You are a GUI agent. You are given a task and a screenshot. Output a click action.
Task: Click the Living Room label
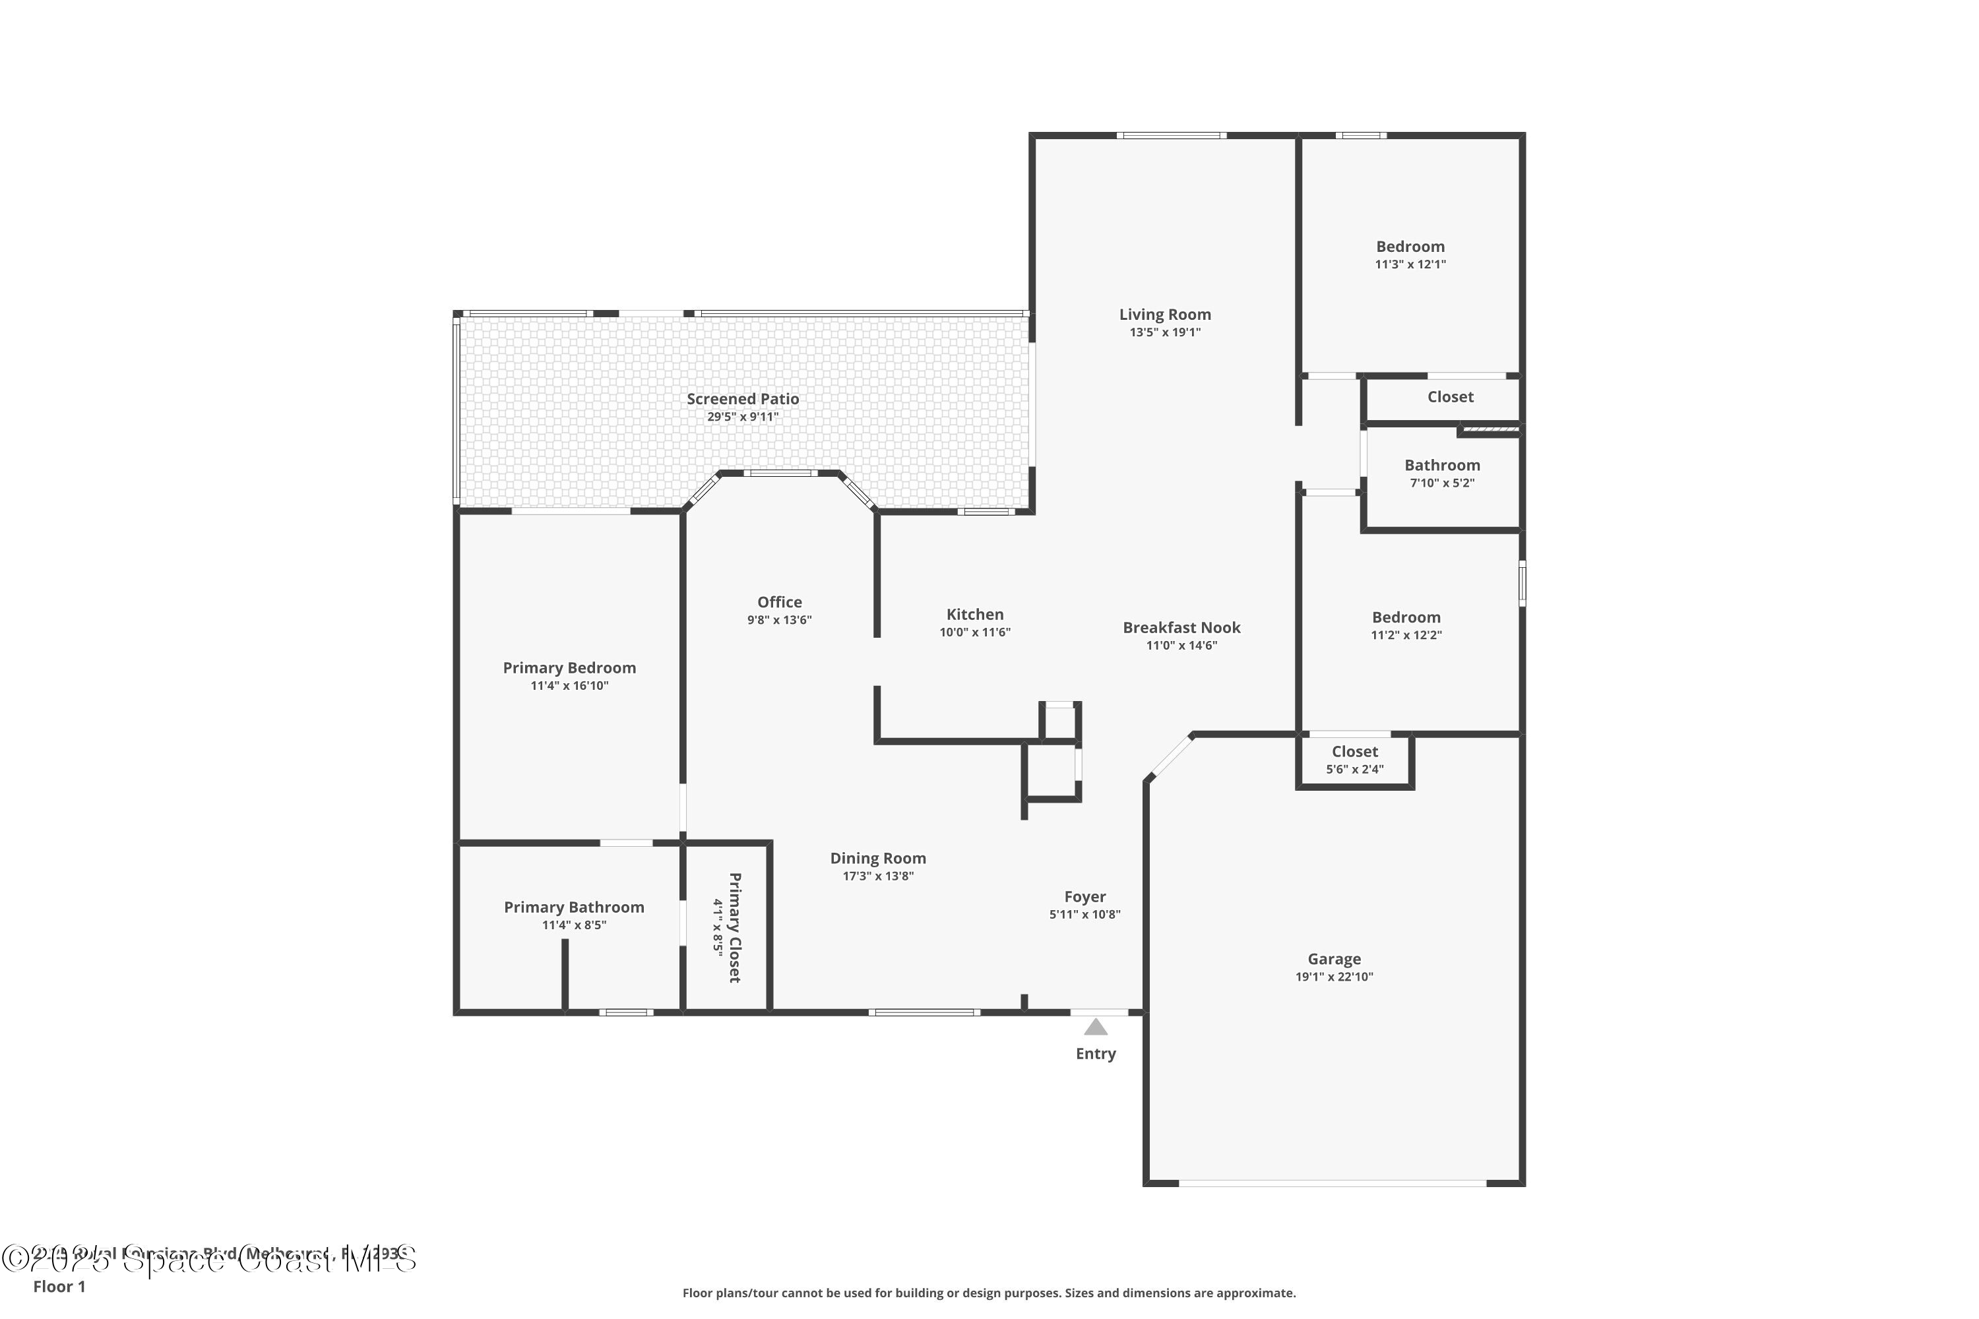[1164, 315]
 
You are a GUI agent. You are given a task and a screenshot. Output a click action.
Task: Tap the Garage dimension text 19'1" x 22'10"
[1334, 977]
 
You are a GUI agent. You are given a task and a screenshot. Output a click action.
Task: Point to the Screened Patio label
[742, 400]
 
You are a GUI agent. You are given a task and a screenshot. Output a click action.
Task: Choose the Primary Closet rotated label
[734, 927]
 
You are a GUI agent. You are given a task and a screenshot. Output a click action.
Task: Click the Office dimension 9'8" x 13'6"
[779, 620]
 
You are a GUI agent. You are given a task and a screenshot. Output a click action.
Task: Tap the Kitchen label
[974, 615]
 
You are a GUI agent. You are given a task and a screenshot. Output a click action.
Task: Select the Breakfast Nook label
[1181, 628]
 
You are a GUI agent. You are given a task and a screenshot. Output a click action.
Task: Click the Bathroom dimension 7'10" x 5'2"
[1441, 483]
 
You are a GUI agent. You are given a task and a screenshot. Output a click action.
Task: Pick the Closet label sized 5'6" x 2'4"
[1355, 752]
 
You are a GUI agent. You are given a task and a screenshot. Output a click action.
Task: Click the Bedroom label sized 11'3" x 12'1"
[1410, 247]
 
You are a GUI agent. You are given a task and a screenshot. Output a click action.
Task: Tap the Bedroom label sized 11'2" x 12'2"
[1406, 617]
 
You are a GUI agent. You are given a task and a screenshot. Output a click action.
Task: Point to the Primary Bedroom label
[569, 668]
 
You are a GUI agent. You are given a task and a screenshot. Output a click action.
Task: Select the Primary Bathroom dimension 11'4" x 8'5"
[574, 925]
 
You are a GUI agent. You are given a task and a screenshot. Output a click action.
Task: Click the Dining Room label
[877, 858]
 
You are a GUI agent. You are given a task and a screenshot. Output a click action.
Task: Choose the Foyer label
[1084, 897]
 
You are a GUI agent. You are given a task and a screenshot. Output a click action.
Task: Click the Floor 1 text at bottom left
[59, 1286]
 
